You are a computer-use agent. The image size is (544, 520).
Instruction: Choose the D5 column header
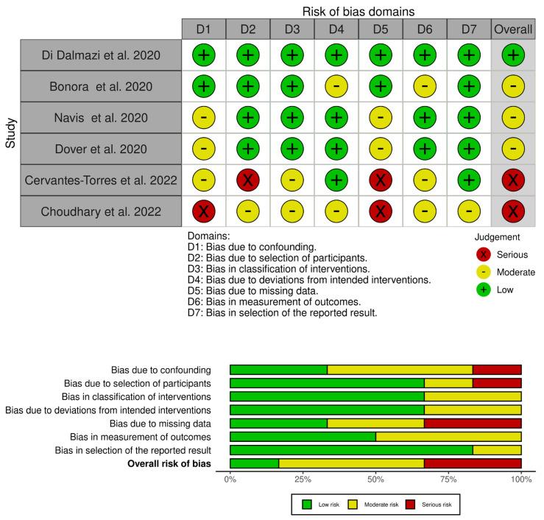click(x=380, y=29)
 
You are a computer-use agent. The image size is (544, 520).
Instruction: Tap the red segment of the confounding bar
click(x=497, y=370)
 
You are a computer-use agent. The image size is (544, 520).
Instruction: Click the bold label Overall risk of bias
click(x=169, y=463)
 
